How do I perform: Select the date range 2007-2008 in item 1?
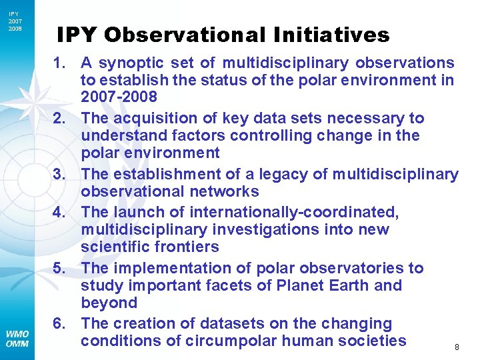tap(119, 98)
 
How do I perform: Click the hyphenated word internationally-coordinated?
tap(294, 212)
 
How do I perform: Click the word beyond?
tap(109, 303)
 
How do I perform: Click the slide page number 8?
tap(457, 347)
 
